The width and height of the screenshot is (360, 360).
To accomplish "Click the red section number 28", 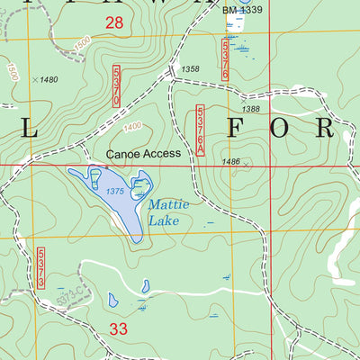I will pos(114,22).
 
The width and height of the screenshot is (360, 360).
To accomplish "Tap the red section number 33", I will pos(119,329).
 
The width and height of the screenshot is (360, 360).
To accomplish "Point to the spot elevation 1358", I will pos(190,69).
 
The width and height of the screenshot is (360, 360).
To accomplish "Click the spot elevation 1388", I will pos(252,109).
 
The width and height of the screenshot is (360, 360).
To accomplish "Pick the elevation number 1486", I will pos(230,162).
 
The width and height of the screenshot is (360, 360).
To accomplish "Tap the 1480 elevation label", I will pos(46,80).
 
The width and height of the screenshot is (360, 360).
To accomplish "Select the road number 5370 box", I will pos(117,87).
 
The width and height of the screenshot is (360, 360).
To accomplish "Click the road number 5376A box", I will pos(200,130).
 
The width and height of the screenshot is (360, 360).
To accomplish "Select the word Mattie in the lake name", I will pos(165,204).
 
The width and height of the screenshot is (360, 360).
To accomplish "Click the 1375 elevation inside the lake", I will pos(114,191).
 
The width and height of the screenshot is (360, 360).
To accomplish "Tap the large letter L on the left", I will pos(30,128).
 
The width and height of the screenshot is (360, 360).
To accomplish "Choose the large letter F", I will pos(236,128).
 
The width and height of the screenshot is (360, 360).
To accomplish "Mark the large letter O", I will pos(281,128).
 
